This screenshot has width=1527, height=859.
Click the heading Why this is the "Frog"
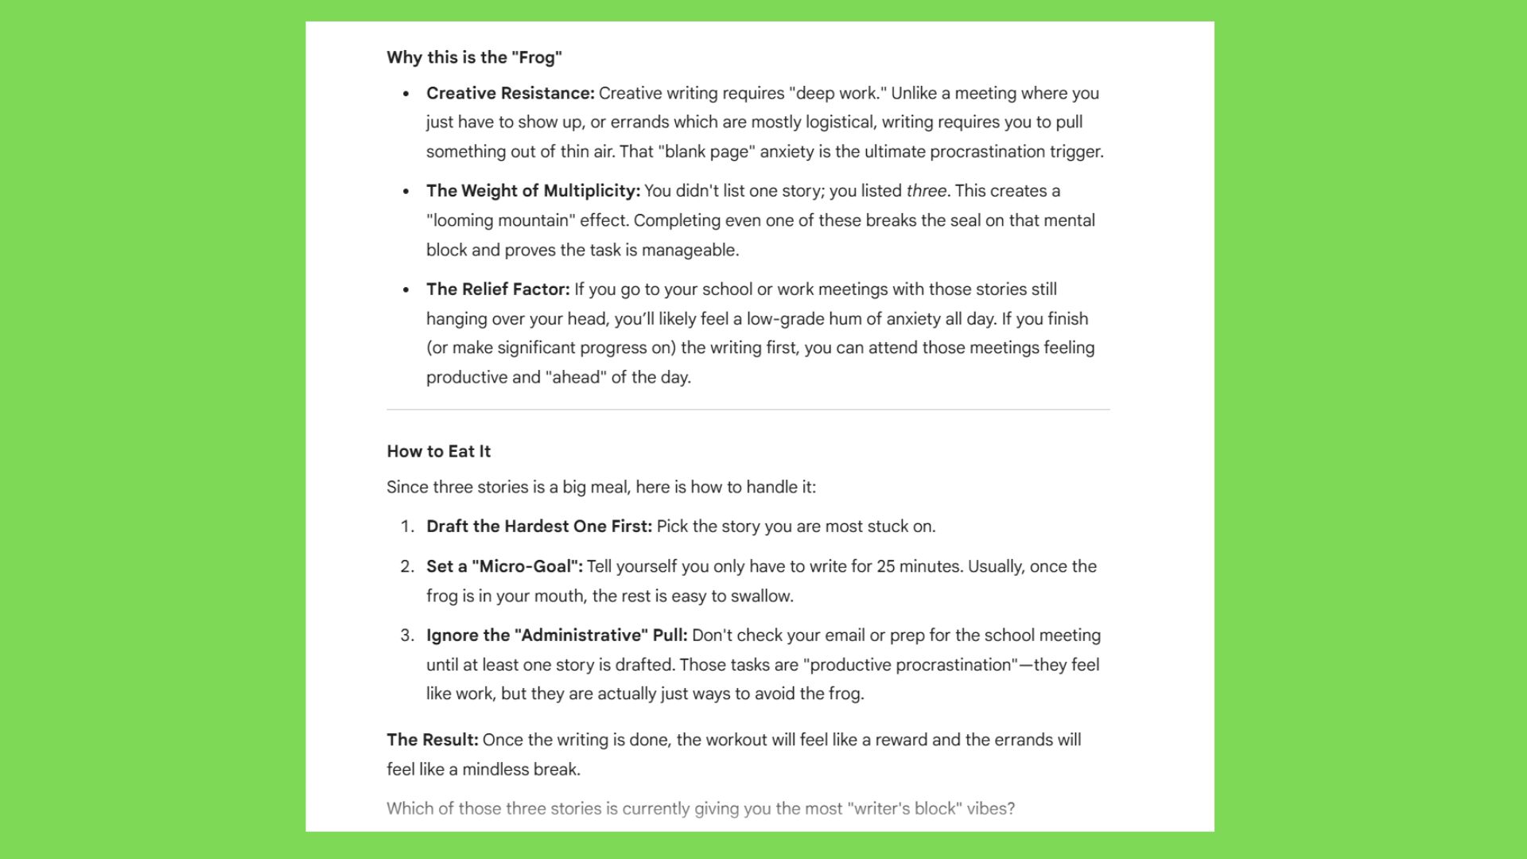[474, 57]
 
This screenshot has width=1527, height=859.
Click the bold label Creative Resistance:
[510, 93]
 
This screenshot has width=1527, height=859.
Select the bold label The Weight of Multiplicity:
[533, 191]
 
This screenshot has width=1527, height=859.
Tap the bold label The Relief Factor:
[498, 290]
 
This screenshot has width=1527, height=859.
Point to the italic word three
[926, 191]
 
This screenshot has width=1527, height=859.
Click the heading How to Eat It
[438, 451]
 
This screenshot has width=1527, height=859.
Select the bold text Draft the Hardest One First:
[538, 527]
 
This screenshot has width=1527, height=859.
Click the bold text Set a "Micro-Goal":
[504, 566]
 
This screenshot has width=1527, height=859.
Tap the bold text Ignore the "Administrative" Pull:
[557, 636]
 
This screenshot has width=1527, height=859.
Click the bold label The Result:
[432, 740]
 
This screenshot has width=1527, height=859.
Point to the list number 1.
[406, 527]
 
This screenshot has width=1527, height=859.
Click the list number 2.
[406, 566]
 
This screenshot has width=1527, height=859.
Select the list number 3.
[406, 636]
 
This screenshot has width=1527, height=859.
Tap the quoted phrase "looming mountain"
[500, 220]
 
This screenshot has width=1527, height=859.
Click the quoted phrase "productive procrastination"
[911, 665]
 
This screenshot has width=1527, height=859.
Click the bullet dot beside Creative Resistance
[406, 94]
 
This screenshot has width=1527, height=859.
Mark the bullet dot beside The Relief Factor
[406, 290]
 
